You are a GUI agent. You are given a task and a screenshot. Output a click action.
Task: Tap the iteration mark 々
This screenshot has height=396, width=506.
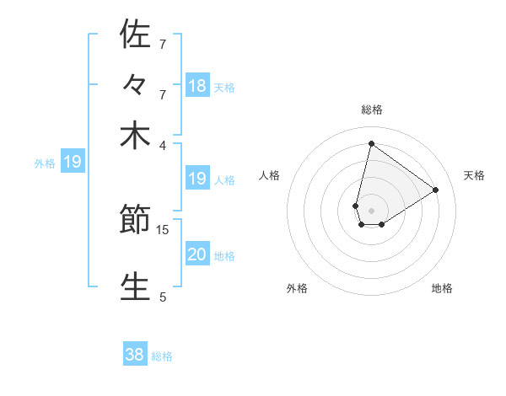(135, 86)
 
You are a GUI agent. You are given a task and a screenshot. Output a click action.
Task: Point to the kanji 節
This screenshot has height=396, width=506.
(135, 222)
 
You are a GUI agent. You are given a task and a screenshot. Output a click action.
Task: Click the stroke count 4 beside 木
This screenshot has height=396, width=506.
(163, 144)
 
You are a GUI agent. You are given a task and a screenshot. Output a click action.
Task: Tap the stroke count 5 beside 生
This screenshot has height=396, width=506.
(163, 296)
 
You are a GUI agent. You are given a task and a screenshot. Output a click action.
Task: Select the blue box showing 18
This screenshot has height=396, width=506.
(197, 85)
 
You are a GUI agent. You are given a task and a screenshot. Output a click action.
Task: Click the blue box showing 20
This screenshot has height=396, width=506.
(197, 254)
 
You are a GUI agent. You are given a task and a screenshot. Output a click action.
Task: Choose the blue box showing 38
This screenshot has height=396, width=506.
(135, 355)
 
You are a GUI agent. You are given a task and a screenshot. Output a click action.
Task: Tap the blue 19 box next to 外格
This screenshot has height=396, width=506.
(73, 162)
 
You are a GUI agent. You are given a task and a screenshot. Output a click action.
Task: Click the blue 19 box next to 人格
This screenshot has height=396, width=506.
(197, 179)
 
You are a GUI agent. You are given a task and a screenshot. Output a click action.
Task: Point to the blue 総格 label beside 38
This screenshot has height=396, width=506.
(162, 356)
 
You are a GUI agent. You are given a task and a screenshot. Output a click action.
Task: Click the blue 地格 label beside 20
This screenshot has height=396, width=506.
(224, 256)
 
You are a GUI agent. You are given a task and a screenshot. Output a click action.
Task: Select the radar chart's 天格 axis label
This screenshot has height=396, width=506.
(474, 175)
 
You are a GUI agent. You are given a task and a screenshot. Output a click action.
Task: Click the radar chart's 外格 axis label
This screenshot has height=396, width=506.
(297, 288)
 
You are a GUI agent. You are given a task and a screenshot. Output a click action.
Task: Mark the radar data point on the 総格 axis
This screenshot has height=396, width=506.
(371, 143)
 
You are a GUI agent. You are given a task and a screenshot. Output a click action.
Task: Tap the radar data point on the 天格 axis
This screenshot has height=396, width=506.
(435, 190)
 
